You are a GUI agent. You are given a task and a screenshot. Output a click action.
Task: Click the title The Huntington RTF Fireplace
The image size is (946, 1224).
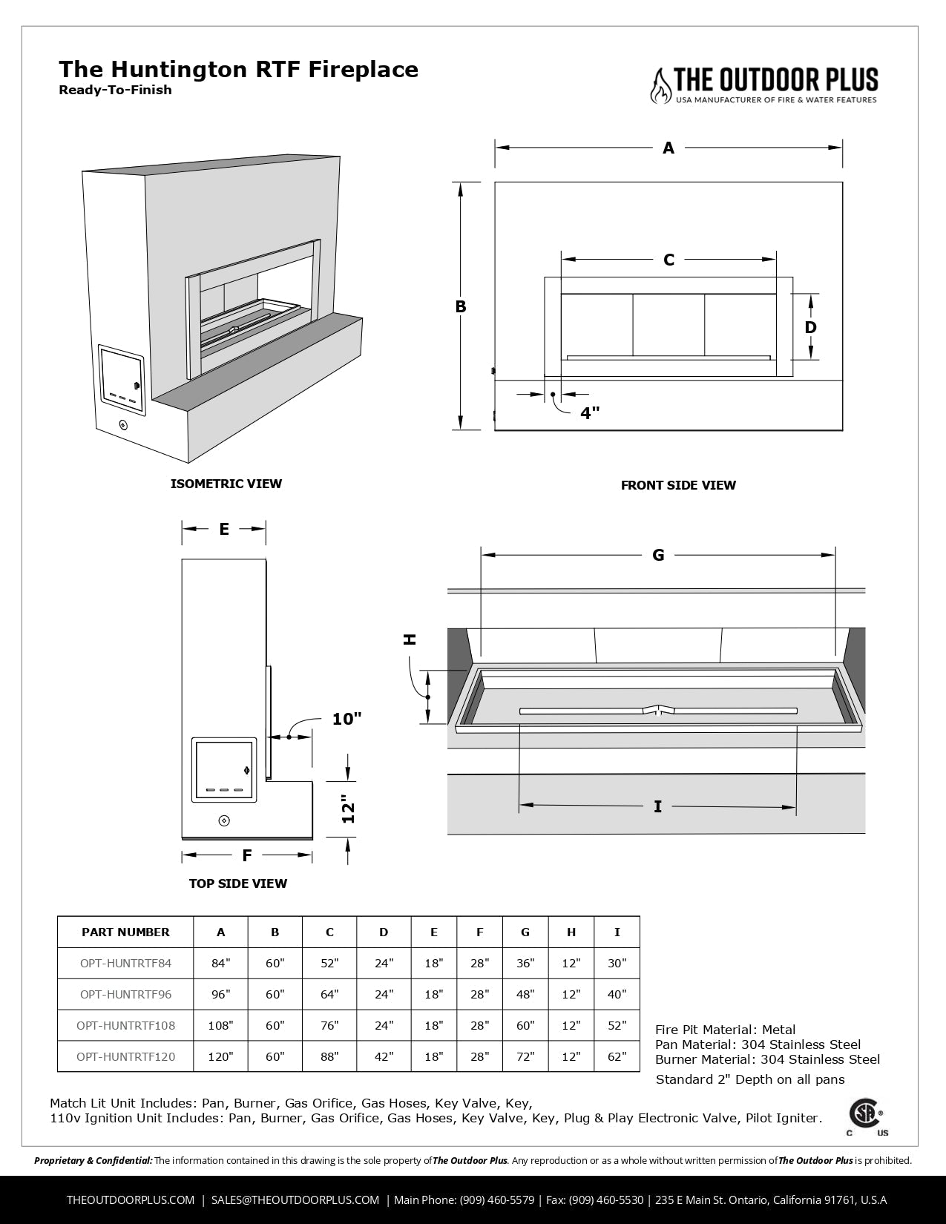click(x=238, y=70)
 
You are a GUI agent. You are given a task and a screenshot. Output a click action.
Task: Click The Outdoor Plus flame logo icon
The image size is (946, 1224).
click(x=659, y=86)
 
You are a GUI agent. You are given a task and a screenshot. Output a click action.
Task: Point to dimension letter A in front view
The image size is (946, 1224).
click(x=669, y=148)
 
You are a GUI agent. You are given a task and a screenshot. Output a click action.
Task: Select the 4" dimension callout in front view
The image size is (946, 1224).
click(x=590, y=413)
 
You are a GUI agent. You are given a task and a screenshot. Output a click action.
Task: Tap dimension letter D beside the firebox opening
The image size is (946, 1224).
click(x=810, y=327)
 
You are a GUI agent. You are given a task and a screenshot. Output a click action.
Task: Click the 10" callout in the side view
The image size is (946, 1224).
click(x=346, y=719)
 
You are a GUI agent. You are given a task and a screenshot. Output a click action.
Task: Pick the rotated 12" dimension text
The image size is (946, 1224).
click(x=349, y=809)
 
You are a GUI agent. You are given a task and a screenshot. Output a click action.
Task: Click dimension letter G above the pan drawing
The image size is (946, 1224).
click(x=658, y=555)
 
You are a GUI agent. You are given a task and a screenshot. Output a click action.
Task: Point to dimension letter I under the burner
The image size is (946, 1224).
click(x=657, y=806)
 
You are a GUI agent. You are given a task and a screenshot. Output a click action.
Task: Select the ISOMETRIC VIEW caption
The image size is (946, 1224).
click(x=226, y=484)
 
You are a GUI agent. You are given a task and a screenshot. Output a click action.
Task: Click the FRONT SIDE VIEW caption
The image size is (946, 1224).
click(x=678, y=485)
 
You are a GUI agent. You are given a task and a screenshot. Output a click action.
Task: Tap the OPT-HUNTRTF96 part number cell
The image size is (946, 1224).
click(x=125, y=994)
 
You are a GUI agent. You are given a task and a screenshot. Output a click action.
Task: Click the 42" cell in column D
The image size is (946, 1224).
click(x=384, y=1056)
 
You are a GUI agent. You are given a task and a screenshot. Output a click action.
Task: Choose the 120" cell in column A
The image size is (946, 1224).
click(x=220, y=1056)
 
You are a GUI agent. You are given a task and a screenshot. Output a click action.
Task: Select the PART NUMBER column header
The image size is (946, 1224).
click(x=125, y=932)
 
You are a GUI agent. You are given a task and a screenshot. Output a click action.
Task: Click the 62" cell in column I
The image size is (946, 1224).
click(x=617, y=1056)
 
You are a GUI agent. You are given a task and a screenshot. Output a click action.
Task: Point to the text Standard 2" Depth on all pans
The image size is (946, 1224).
click(x=749, y=1079)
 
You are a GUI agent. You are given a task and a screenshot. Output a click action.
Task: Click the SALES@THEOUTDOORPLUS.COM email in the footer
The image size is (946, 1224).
click(x=295, y=1200)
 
